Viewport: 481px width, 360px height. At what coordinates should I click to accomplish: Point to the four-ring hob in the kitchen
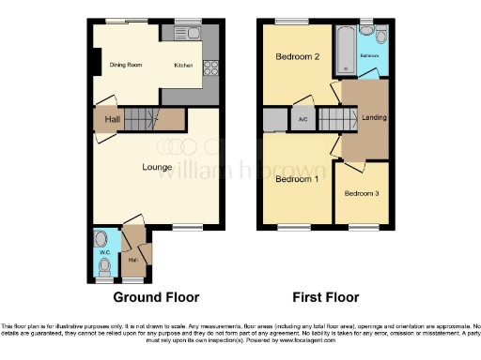211,67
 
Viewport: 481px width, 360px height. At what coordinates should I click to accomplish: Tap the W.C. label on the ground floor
105,252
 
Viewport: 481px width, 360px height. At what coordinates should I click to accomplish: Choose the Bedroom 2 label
298,57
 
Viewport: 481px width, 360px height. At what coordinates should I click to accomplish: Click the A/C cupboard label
303,121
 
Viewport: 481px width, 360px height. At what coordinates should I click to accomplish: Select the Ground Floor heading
156,298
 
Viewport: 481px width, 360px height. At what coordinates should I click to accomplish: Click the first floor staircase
334,119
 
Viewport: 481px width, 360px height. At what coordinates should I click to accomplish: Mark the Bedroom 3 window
362,227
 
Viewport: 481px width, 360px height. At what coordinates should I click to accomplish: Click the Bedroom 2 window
291,21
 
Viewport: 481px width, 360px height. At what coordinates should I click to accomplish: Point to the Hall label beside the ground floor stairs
112,119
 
